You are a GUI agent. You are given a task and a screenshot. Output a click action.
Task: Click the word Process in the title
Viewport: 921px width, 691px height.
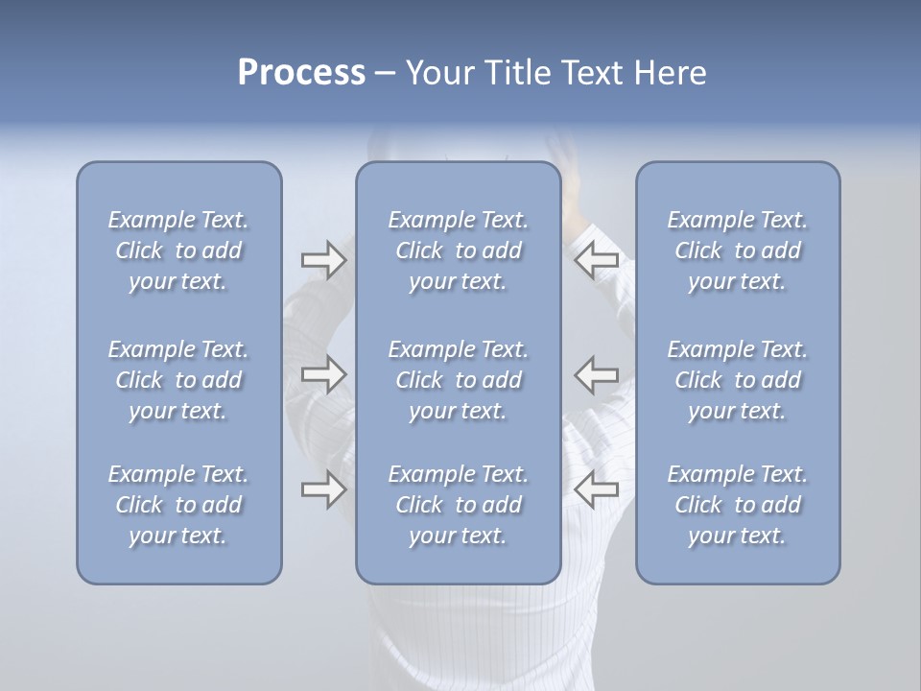click(x=301, y=73)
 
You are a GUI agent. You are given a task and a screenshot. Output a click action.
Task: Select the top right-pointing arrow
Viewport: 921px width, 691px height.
click(x=323, y=260)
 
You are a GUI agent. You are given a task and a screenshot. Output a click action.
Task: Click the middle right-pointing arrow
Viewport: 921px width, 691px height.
click(x=323, y=373)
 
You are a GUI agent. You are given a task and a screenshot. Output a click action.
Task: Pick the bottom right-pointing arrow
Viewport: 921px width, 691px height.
click(x=323, y=489)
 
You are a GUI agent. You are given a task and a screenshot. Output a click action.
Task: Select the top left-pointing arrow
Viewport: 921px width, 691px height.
click(x=597, y=260)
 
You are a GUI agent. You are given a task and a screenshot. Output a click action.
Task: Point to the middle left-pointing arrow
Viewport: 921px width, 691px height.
click(x=597, y=373)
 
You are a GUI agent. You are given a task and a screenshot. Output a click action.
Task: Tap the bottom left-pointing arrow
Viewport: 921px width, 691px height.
click(x=597, y=489)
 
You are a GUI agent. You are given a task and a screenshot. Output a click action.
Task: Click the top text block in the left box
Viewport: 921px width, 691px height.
click(x=178, y=250)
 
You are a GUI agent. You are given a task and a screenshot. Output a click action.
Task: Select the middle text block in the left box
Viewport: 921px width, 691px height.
click(x=178, y=380)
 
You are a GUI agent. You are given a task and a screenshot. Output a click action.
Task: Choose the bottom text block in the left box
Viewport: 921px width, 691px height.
click(x=178, y=505)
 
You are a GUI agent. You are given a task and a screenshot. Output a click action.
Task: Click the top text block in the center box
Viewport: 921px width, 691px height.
click(x=458, y=250)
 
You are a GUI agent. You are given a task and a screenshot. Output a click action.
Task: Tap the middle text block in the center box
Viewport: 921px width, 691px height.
click(x=458, y=380)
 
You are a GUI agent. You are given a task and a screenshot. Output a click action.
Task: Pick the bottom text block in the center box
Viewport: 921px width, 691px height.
click(x=458, y=505)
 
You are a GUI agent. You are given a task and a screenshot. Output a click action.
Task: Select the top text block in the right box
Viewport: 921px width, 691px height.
click(x=738, y=250)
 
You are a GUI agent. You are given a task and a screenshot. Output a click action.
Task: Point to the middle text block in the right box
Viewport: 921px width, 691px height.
click(x=738, y=380)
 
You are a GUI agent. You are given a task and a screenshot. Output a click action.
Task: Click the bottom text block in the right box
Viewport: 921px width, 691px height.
click(x=738, y=505)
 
